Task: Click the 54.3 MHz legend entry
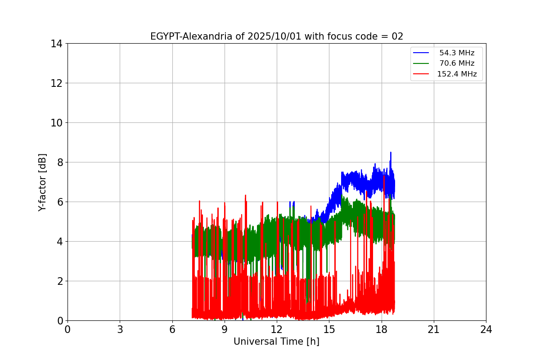457,53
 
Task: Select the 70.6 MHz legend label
457,63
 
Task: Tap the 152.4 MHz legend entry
457,74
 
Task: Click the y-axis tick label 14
57,44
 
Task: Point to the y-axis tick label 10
57,123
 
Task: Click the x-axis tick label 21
434,330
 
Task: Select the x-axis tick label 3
120,330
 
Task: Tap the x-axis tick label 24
486,330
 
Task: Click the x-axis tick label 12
277,330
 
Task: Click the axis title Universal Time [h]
276,342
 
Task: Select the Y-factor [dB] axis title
43,182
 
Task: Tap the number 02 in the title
397,36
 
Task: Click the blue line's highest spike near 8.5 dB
391,153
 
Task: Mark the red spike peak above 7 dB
384,176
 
